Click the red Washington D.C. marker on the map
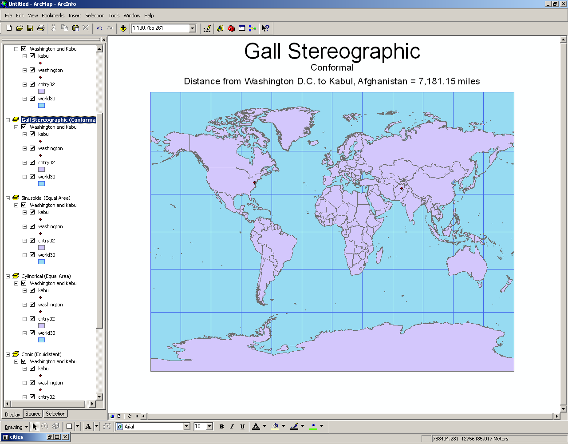pos(254,182)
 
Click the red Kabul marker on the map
pos(402,188)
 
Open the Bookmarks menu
pos(53,16)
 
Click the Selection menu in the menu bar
pos(95,16)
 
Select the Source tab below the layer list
pos(33,414)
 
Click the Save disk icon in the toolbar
pos(30,28)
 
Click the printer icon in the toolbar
pos(41,28)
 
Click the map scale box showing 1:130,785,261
pos(160,28)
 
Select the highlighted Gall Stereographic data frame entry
pos(58,120)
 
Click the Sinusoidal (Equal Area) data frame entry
pos(46,198)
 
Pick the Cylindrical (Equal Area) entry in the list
pos(46,276)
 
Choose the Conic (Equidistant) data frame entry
pos(41,354)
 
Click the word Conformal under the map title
pos(332,67)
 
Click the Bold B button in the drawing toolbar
pos(221,427)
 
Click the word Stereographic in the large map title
pos(354,52)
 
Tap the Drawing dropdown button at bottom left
pos(16,427)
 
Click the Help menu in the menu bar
pos(149,16)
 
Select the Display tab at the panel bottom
pos(12,414)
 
